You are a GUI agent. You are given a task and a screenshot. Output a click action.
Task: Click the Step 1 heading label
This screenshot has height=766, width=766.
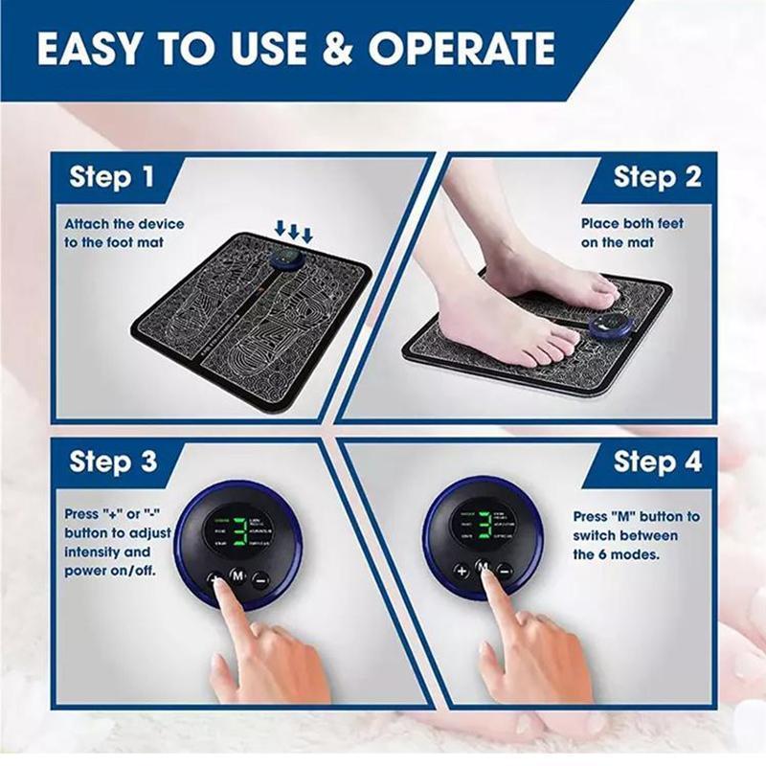click(x=111, y=178)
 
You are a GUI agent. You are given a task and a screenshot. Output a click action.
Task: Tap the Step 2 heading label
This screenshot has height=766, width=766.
click(x=657, y=178)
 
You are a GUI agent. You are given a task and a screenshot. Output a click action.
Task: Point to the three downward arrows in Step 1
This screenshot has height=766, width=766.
click(x=294, y=232)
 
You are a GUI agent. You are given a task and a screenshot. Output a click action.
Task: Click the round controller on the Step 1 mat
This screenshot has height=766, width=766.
click(x=284, y=261)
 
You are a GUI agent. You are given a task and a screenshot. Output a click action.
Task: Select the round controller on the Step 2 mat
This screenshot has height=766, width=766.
click(x=608, y=327)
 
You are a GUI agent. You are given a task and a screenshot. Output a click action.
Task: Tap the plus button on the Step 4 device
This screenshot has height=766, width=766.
click(x=462, y=571)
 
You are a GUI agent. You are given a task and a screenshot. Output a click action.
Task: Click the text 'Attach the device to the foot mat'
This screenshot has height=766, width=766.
click(x=124, y=233)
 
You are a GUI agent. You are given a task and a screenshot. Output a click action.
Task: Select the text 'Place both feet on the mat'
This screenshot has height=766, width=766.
click(x=632, y=233)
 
